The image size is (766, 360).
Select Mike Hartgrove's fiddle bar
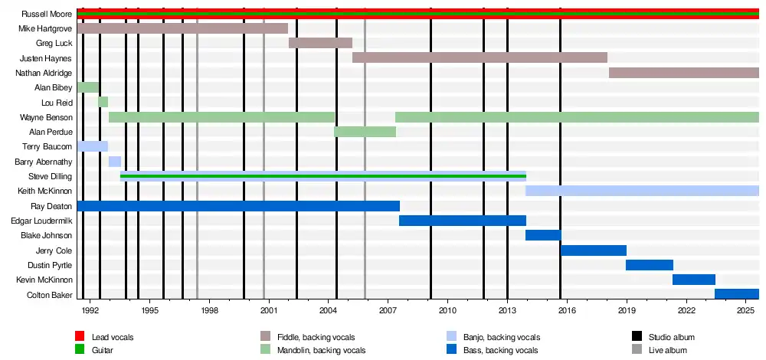182,28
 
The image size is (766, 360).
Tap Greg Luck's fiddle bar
320,43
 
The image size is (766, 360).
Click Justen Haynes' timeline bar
480,57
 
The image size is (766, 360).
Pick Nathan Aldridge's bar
683,73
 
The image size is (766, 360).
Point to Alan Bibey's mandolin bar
88,87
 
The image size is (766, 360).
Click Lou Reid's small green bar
103,102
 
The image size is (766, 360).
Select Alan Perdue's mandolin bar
365,132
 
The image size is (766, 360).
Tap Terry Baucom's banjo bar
93,146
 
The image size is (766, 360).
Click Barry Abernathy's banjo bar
114,162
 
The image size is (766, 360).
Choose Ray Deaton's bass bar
238,206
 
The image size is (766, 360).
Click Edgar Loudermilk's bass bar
462,221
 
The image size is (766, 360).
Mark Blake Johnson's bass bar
543,235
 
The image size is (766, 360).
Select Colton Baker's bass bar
736,294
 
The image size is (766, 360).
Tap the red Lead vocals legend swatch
80,337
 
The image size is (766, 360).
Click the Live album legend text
668,350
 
